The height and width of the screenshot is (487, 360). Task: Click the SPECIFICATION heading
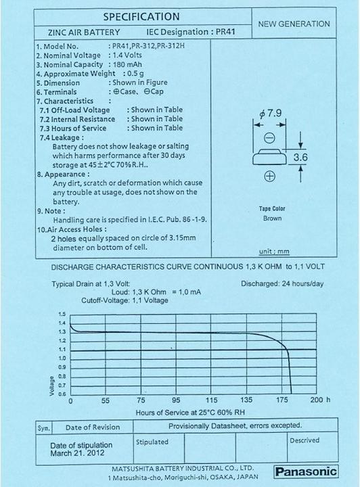point(141,16)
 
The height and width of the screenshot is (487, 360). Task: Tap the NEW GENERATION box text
point(294,24)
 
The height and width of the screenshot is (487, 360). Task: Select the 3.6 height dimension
point(300,158)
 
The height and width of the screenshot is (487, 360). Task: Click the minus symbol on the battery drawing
point(269,138)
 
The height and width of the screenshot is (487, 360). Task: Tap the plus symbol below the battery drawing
point(269,177)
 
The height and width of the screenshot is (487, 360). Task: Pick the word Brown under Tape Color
point(272,218)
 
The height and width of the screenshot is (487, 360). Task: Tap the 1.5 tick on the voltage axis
point(62,315)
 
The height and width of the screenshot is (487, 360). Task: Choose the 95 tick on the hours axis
point(177,400)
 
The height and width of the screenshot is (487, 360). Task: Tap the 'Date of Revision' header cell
point(93,427)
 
